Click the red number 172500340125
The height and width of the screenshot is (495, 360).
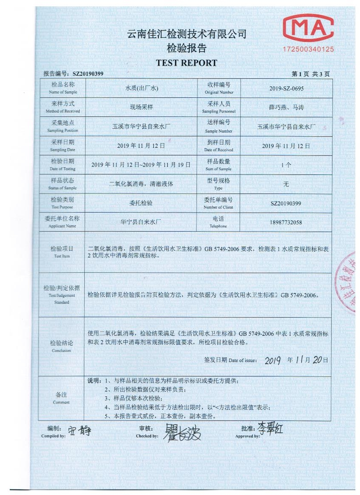pyautogui.click(x=308, y=50)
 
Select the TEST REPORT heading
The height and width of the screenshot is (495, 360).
pyautogui.click(x=186, y=63)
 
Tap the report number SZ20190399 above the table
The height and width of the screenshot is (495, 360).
pyautogui.click(x=88, y=74)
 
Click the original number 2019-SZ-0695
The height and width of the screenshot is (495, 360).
pyautogui.click(x=286, y=89)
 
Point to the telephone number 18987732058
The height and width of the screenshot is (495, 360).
pyautogui.click(x=286, y=222)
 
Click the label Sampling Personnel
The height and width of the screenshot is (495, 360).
pyautogui.click(x=219, y=111)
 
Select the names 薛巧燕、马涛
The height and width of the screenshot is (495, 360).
pyautogui.click(x=286, y=108)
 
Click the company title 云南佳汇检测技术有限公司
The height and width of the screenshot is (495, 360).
pyautogui.click(x=187, y=34)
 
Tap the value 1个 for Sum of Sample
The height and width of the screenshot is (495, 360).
pyautogui.click(x=286, y=165)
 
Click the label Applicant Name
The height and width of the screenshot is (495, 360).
pyautogui.click(x=62, y=226)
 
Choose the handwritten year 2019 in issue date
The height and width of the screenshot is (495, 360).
pyautogui.click(x=273, y=360)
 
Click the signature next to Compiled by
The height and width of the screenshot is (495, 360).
pyautogui.click(x=80, y=431)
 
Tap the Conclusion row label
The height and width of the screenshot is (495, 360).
pyautogui.click(x=62, y=346)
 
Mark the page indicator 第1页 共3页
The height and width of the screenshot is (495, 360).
pyautogui.click(x=311, y=74)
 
